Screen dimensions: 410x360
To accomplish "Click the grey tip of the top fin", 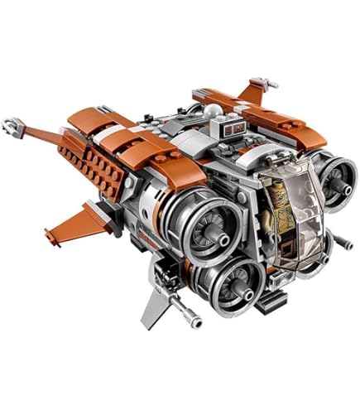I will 263,82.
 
